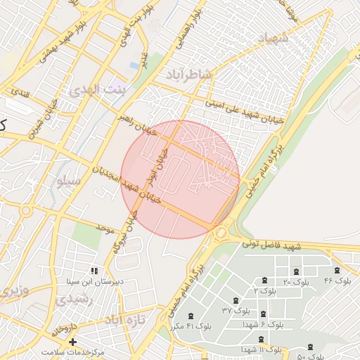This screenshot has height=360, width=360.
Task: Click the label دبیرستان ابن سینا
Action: click(x=94, y=281)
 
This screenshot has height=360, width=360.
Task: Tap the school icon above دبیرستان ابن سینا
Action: click(x=94, y=271)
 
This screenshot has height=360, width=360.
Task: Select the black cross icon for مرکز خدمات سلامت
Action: click(x=72, y=342)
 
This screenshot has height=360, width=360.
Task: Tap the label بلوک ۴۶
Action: click(x=337, y=281)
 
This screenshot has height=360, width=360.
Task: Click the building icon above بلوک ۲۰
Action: click(x=295, y=271)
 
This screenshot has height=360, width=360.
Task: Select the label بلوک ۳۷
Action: click(x=236, y=310)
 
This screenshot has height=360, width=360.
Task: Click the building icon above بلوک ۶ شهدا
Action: click(x=263, y=314)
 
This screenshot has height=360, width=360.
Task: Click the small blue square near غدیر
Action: click(x=134, y=65)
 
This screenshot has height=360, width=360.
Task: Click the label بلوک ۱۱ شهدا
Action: click(x=261, y=349)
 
